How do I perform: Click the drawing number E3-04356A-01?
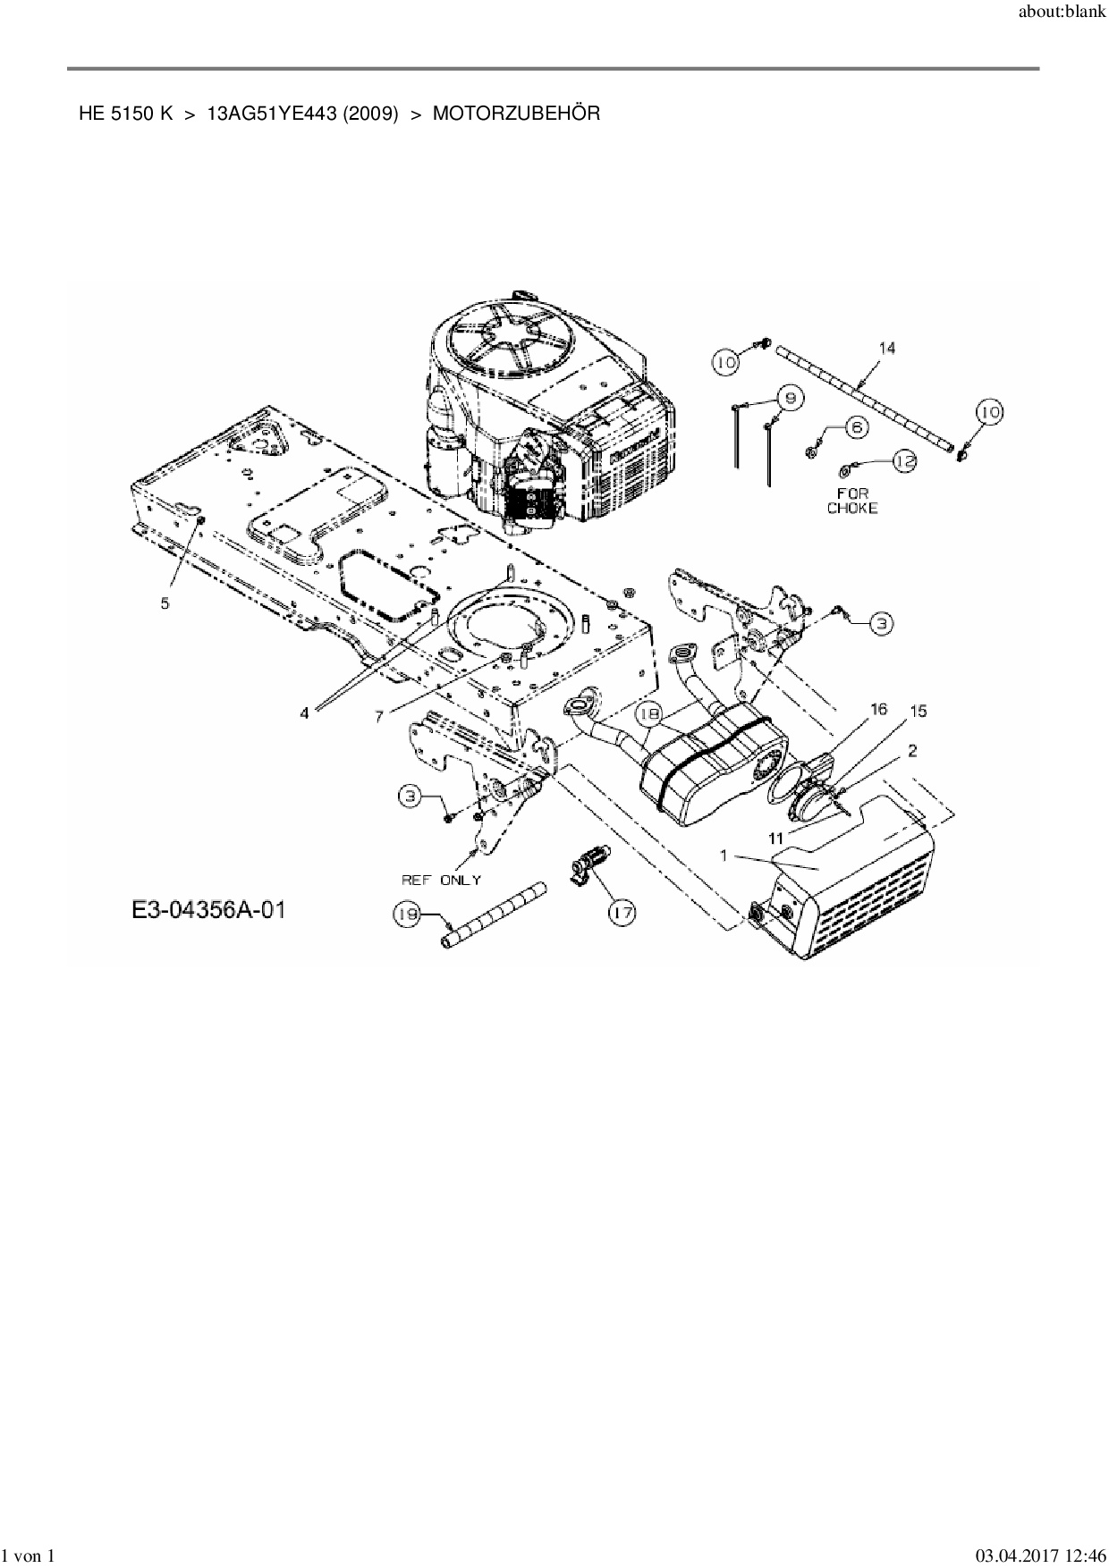(208, 911)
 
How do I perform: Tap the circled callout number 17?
(622, 913)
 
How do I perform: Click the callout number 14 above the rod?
(886, 348)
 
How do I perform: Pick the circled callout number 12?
(904, 460)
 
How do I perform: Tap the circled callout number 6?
(855, 427)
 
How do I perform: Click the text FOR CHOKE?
(852, 501)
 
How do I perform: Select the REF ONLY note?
(441, 880)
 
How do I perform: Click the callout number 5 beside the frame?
(165, 603)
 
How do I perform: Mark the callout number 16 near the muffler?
(878, 709)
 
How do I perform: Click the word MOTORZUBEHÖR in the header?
(516, 114)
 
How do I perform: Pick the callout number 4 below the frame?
(305, 712)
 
